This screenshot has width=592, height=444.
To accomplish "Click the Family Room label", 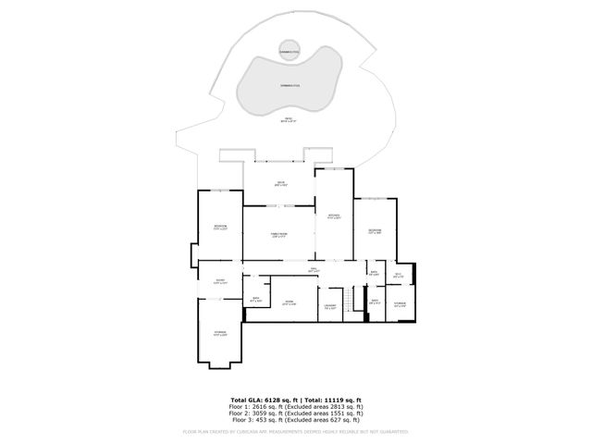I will pos(278,235).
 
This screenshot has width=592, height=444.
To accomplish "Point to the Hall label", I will pos(314,269).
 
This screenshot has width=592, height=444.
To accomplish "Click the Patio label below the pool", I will pos(290,119).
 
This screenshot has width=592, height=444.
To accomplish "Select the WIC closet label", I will pos(398,275).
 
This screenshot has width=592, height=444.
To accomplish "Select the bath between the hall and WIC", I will pos(375,274).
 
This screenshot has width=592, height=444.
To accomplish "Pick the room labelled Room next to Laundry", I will pos(289,302).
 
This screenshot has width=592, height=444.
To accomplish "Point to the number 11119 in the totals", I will pos(340,399).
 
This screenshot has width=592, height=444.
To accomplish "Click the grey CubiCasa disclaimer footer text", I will pos(296,431).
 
